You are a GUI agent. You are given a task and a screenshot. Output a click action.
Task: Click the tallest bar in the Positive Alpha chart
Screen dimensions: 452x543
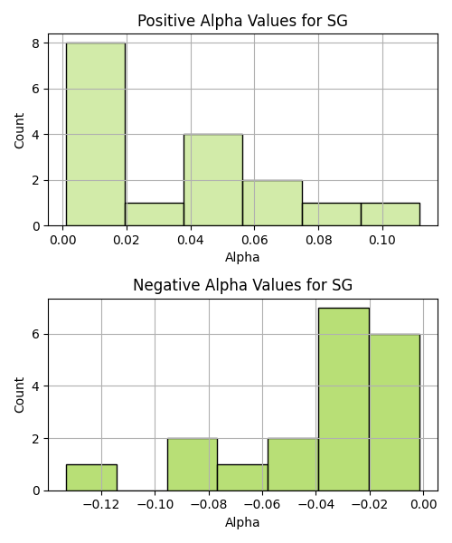[x=96, y=134]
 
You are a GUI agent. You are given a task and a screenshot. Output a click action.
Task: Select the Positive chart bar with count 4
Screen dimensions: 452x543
[x=213, y=180]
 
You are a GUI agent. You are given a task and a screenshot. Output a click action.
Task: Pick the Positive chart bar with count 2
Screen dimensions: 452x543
[x=272, y=203]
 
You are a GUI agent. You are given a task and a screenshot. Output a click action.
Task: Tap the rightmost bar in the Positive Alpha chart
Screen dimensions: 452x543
[x=391, y=214]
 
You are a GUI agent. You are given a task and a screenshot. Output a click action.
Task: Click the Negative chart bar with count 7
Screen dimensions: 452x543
[x=344, y=399]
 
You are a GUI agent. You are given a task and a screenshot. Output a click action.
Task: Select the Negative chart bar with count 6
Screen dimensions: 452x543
[x=394, y=413]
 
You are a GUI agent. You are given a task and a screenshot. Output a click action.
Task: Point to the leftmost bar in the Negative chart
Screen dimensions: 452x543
[x=91, y=478]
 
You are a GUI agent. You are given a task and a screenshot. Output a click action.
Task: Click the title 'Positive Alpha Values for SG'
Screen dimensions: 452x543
[x=242, y=21]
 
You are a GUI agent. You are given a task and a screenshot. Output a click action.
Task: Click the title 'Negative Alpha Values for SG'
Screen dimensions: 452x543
[x=243, y=285]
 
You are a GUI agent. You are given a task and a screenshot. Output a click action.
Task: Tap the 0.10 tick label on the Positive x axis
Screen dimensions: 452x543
[x=382, y=240]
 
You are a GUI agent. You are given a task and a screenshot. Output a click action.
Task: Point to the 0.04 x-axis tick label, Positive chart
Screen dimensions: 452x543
[x=191, y=240]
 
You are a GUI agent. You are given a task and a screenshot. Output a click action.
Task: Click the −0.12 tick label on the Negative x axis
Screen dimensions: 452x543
[x=101, y=505]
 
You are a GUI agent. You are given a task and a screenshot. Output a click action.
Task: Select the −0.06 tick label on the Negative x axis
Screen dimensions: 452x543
[x=262, y=505]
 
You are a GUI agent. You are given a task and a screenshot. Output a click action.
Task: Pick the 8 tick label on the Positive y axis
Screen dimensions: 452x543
[x=36, y=43]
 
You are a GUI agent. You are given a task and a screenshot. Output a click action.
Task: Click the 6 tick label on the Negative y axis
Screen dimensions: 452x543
[x=36, y=335]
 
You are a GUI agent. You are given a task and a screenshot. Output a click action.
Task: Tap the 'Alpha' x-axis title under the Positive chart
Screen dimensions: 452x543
[x=242, y=258]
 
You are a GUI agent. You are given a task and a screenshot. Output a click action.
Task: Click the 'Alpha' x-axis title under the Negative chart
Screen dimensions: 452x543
[x=242, y=522]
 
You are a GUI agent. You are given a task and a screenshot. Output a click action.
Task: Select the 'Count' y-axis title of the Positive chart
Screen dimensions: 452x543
[x=19, y=130]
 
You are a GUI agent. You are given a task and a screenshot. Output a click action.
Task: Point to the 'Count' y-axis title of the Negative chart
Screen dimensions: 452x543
[x=19, y=395]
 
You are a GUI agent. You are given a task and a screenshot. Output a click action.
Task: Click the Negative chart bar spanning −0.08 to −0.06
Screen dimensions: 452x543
[x=242, y=478]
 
